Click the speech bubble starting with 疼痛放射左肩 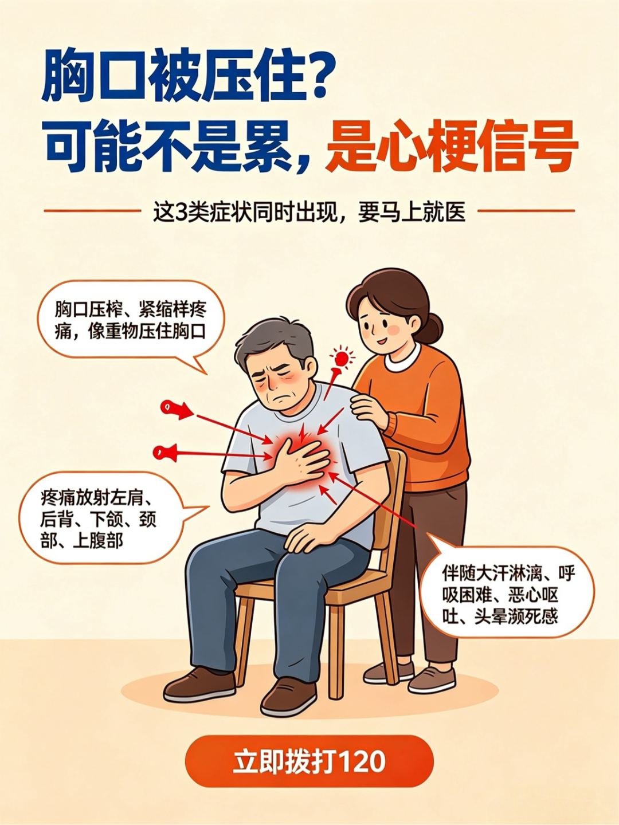111,521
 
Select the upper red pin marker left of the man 176,409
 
